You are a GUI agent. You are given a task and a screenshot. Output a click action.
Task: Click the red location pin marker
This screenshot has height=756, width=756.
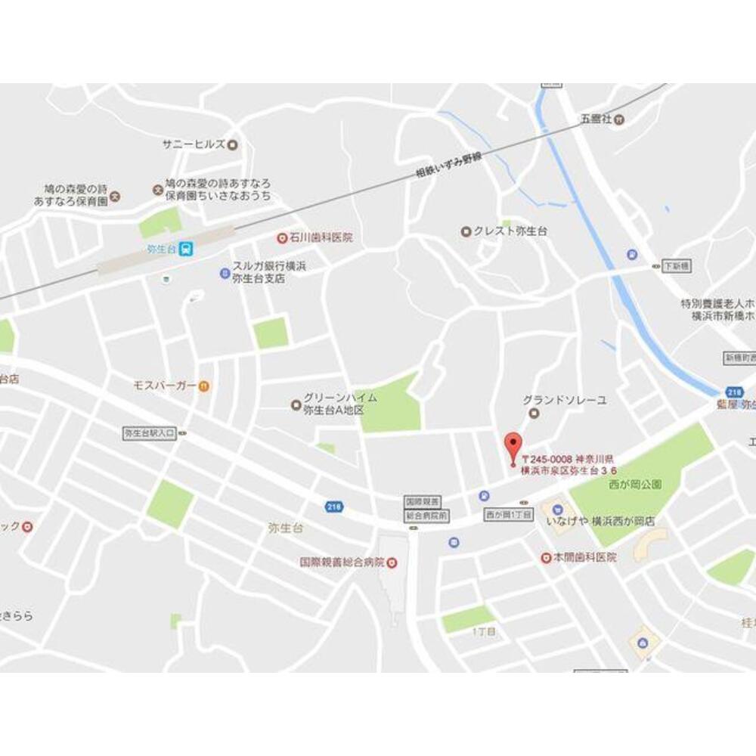pyautogui.click(x=513, y=445)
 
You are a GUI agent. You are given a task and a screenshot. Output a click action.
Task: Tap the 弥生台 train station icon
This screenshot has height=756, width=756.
pyautogui.click(x=186, y=247)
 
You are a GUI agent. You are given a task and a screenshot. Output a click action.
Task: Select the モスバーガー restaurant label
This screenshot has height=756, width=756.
pyautogui.click(x=165, y=386)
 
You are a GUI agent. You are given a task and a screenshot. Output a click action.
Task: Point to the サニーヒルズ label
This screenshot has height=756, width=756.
pyautogui.click(x=194, y=144)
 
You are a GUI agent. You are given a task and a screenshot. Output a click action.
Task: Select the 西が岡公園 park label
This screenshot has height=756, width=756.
pyautogui.click(x=634, y=483)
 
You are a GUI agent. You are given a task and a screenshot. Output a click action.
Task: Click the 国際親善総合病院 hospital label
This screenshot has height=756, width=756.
pyautogui.click(x=342, y=563)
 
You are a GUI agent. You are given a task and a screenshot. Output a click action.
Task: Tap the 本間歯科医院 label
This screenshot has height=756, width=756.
pyautogui.click(x=584, y=557)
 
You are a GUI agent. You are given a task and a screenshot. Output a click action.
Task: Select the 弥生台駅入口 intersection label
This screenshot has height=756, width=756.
pyautogui.click(x=150, y=433)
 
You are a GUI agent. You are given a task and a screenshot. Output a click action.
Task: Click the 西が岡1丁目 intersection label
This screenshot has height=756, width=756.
pyautogui.click(x=509, y=514)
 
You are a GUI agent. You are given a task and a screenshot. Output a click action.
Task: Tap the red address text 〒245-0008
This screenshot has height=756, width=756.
pyautogui.click(x=546, y=459)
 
